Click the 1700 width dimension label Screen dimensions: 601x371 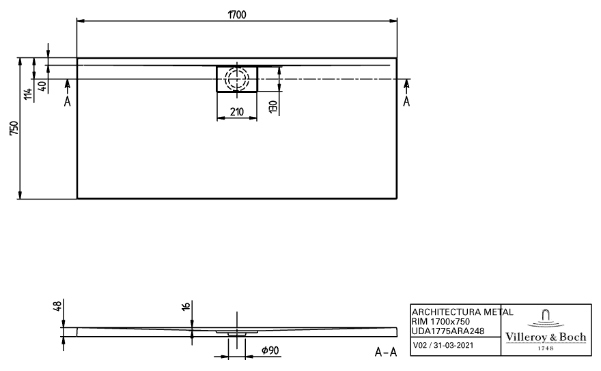tap(237, 15)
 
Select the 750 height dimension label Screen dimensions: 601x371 tap(14, 128)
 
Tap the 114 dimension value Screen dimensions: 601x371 tap(29, 94)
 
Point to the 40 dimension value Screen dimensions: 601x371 tap(42, 86)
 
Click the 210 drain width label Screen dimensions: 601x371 tap(237, 112)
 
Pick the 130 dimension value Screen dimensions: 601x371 tap(273, 107)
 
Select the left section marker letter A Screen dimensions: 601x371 tap(68, 102)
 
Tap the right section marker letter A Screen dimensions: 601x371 tap(406, 101)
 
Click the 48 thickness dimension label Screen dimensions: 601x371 tap(57, 306)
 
